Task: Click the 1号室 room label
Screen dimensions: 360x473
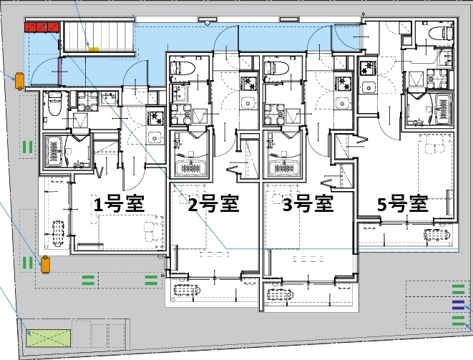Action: click(120, 205)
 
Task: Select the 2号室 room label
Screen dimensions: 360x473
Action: click(213, 205)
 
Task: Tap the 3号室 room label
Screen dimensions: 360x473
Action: click(308, 205)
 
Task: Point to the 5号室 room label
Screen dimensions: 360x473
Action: click(402, 205)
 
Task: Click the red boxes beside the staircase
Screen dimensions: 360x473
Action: click(41, 28)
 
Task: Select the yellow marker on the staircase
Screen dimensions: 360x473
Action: click(94, 49)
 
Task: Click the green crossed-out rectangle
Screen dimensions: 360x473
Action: click(49, 336)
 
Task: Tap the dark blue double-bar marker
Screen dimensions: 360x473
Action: click(458, 305)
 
